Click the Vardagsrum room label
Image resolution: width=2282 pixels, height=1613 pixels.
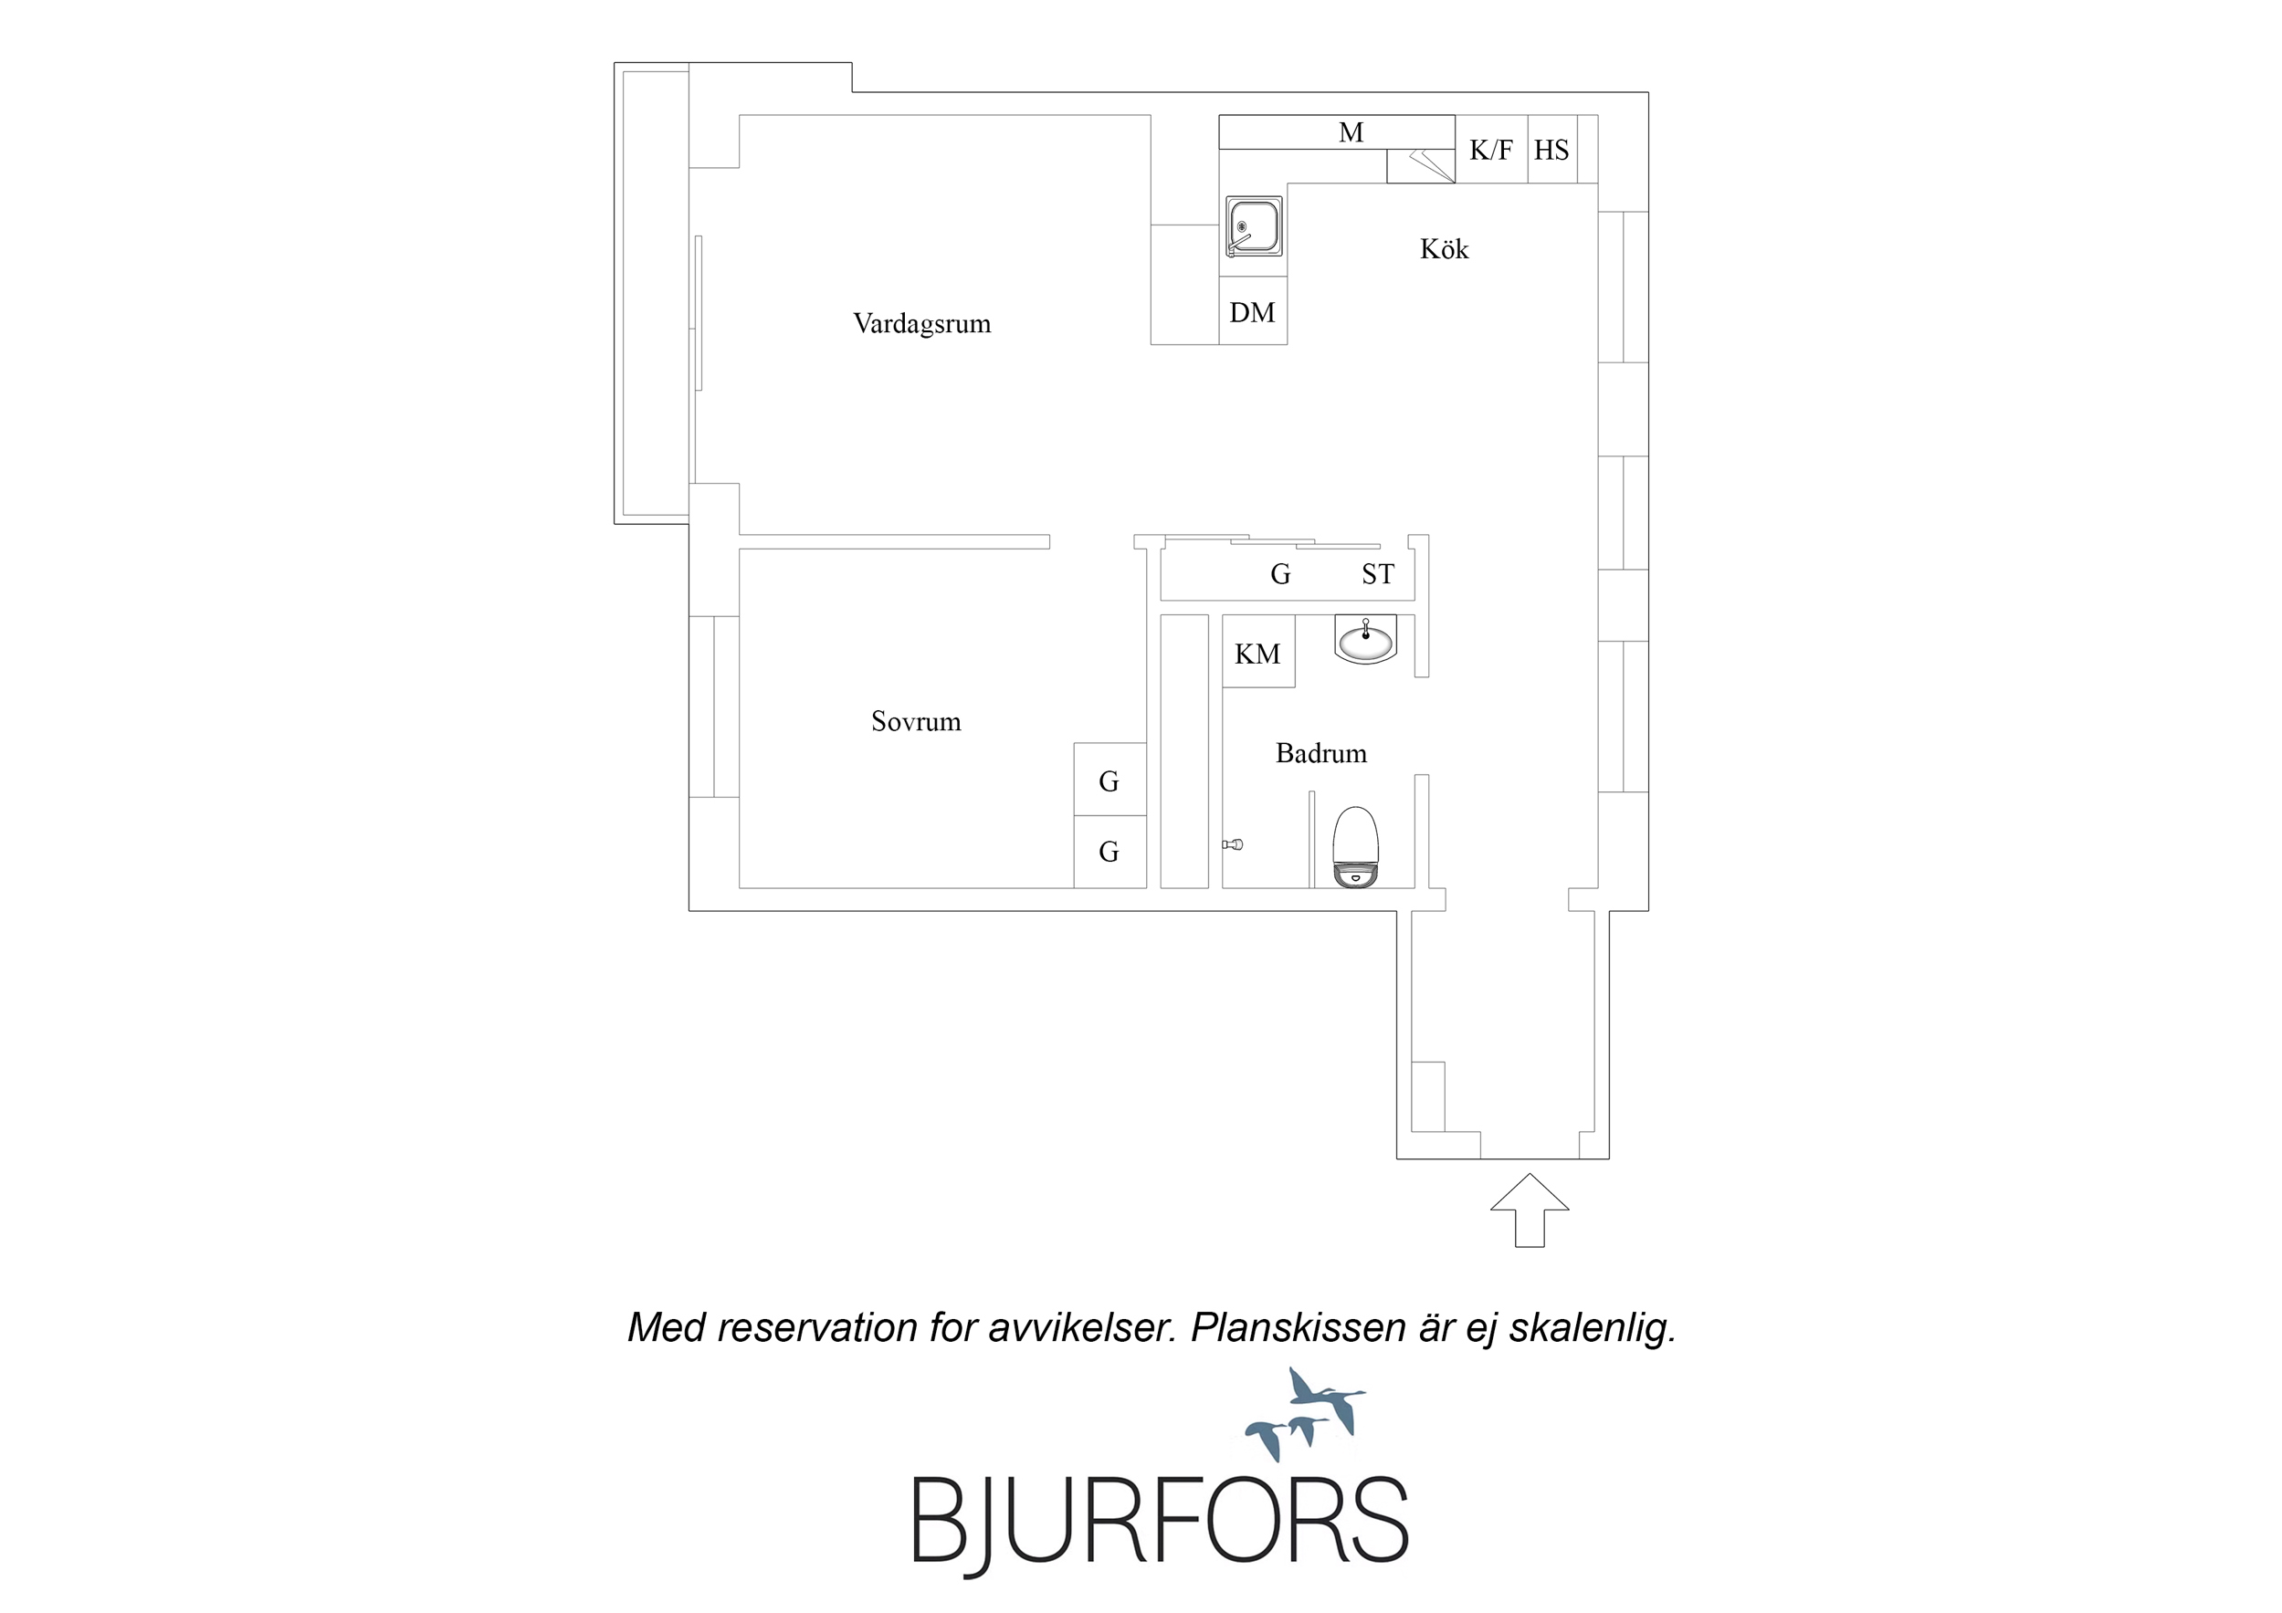[x=921, y=324]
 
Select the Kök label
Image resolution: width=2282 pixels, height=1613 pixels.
[x=1444, y=248]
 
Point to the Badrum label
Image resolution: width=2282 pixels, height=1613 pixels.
[x=1321, y=753]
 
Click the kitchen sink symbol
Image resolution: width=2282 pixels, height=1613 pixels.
[x=1252, y=226]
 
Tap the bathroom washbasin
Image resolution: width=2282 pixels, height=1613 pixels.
[x=1365, y=639]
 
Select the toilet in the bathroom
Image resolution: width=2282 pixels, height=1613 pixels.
[x=1356, y=847]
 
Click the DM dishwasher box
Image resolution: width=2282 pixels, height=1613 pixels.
[x=1253, y=311]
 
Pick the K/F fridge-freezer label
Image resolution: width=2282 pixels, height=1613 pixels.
[x=1491, y=150]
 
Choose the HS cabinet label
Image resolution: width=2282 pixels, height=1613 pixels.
[x=1551, y=150]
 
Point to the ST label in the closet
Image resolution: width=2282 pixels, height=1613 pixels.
[x=1378, y=574]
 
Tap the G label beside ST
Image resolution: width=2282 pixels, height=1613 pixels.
[x=1280, y=574]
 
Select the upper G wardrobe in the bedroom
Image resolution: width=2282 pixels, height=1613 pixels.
[x=1110, y=780]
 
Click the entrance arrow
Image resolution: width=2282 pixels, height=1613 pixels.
[x=1530, y=1210]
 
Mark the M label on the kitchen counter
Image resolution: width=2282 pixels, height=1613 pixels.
[x=1351, y=132]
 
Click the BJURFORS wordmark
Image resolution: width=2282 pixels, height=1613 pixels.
[x=1160, y=1521]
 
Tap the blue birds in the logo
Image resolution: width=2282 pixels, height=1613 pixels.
[x=1305, y=1413]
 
